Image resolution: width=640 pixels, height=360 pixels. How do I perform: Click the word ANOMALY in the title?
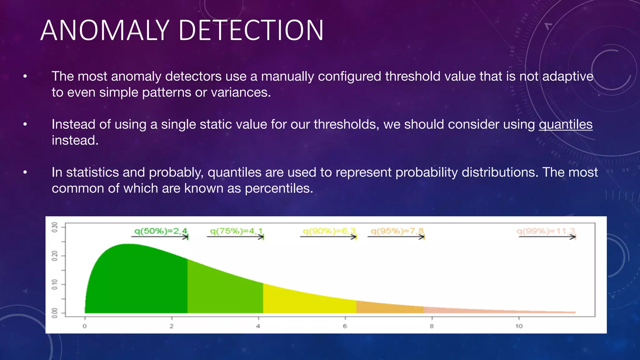(105, 30)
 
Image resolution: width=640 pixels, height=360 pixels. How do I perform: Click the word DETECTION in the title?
(251, 30)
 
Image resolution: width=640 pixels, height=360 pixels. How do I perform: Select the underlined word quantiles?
(565, 124)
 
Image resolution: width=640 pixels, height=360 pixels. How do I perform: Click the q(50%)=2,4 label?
(161, 231)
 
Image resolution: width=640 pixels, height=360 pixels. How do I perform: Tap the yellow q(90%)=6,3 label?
(329, 231)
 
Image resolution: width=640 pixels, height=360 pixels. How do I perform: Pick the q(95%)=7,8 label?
(397, 231)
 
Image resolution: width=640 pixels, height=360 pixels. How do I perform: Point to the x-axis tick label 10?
(519, 326)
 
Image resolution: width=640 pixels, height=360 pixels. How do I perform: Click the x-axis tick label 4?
(258, 326)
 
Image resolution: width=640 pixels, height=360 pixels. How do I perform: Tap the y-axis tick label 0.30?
(55, 227)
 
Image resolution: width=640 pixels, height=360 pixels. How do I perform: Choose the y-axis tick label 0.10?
(55, 284)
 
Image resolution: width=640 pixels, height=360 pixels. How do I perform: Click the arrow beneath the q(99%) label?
(547, 237)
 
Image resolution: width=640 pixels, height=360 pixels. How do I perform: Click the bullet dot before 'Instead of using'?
(25, 124)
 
